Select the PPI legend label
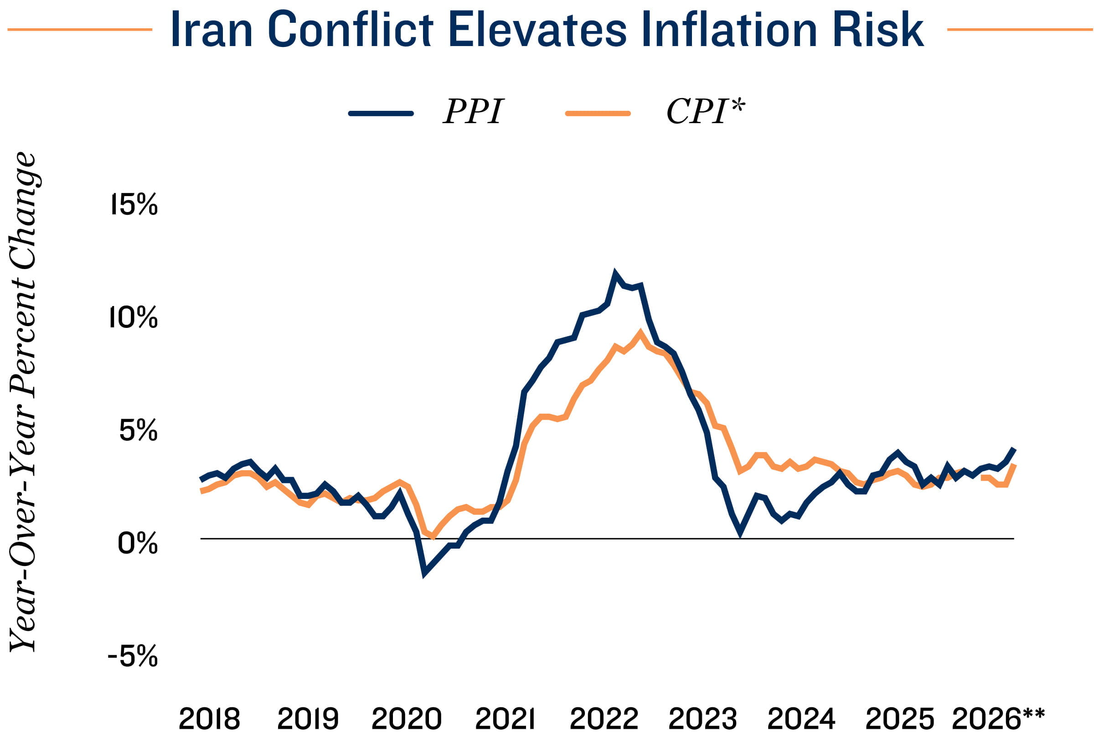tap(473, 112)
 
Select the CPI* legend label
tap(705, 111)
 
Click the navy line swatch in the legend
tap(381, 113)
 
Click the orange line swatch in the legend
tap(598, 113)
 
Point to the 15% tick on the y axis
tap(134, 204)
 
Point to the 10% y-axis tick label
tap(133, 317)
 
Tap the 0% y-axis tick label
tap(138, 543)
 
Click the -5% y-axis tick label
tap(133, 656)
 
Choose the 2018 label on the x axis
tap(210, 719)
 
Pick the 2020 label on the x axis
tap(406, 719)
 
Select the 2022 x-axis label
tap(604, 719)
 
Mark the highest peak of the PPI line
tap(615, 273)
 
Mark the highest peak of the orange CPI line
tap(640, 332)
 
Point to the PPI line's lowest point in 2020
tap(424, 574)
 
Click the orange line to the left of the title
tap(80, 30)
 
